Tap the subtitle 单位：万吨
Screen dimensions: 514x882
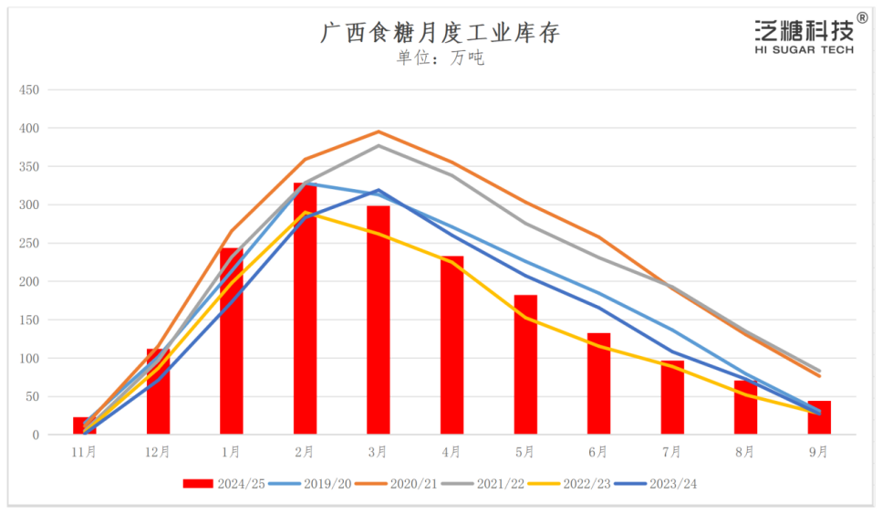(440, 58)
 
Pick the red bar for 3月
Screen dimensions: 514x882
(378, 320)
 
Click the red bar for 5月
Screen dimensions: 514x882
(525, 364)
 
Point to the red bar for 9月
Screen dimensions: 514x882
(819, 418)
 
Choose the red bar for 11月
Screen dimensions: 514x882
(85, 425)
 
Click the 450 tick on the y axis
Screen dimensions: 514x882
(30, 90)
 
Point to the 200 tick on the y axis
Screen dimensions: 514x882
(30, 282)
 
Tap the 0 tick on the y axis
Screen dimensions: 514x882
(36, 435)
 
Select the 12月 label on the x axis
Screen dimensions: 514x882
(158, 452)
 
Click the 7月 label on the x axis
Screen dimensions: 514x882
(672, 452)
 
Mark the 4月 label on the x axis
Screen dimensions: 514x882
(451, 452)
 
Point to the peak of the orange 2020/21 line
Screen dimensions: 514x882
(379, 131)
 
